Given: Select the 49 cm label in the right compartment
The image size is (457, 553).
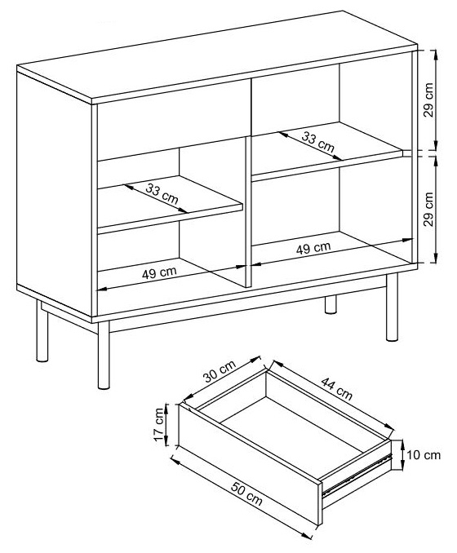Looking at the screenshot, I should (x=313, y=246).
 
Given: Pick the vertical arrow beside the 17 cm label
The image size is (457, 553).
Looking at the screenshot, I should (x=169, y=425).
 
